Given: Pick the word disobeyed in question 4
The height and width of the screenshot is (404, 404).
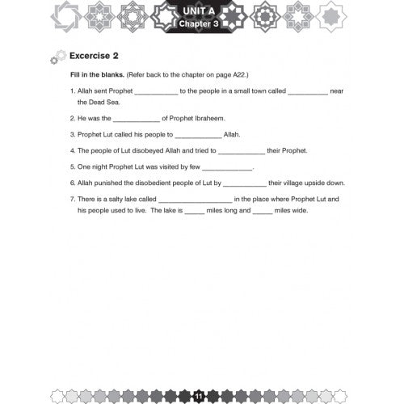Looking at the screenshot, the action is coord(146,150).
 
